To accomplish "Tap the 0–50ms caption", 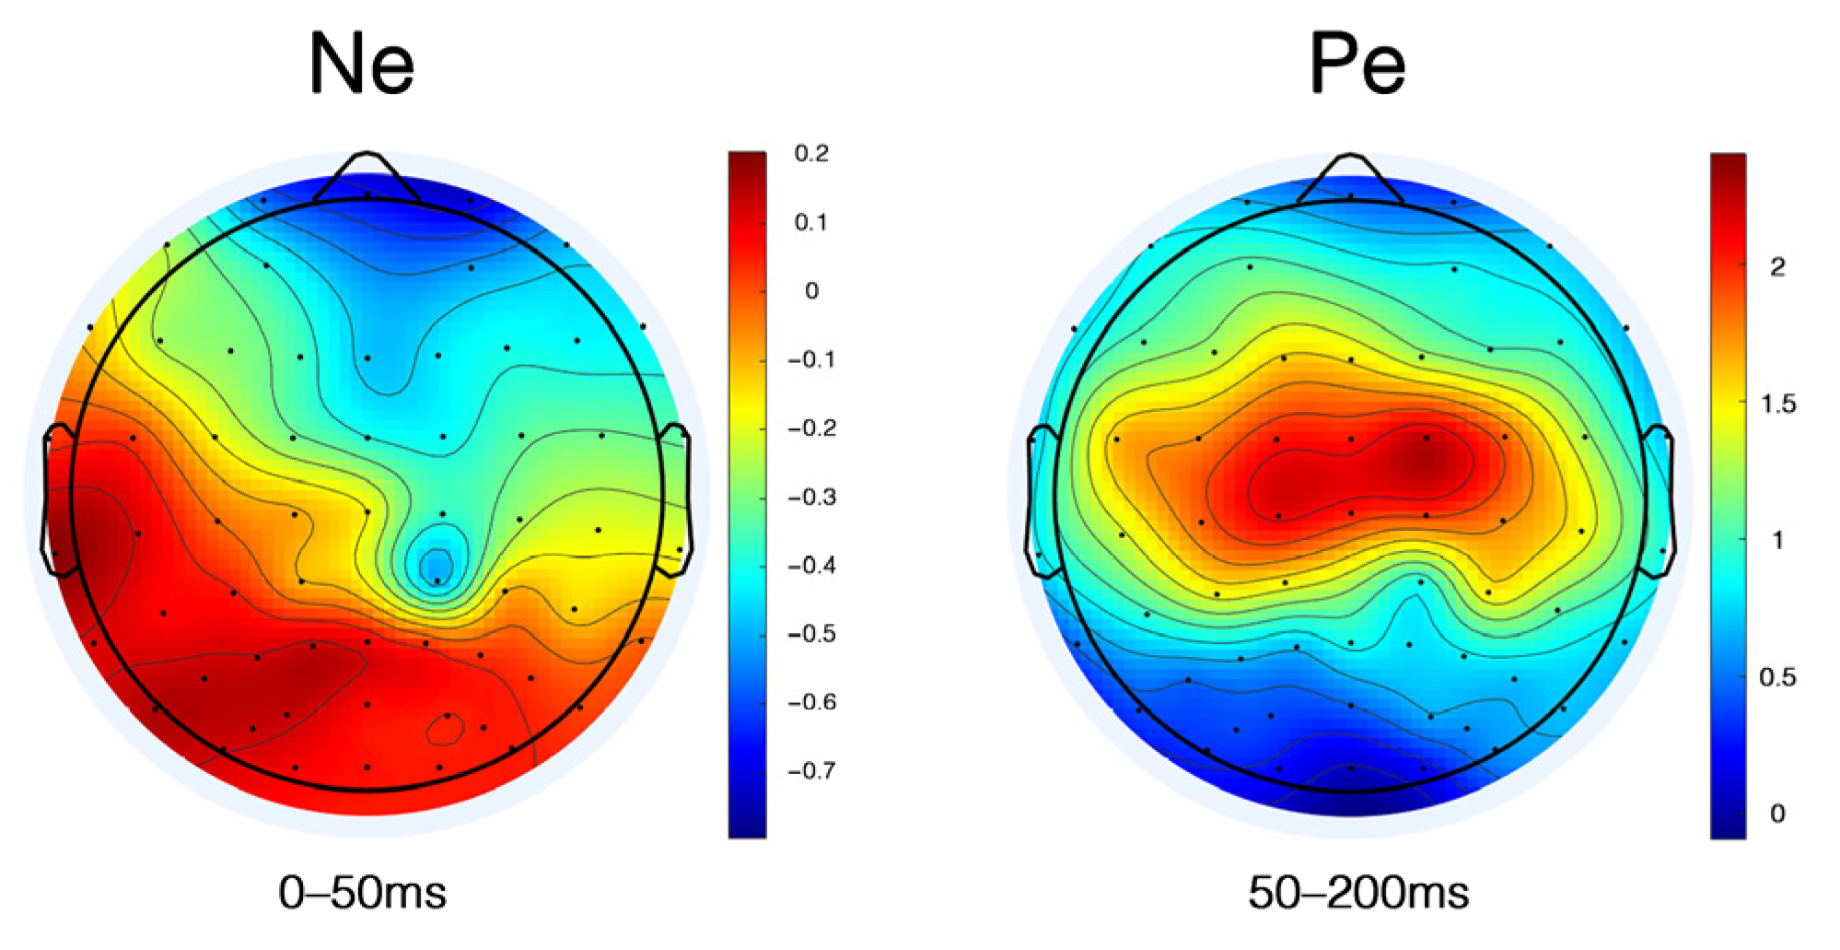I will pyautogui.click(x=362, y=892).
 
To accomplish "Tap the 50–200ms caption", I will pyautogui.click(x=1358, y=892).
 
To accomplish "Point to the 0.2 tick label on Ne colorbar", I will pyautogui.click(x=811, y=153).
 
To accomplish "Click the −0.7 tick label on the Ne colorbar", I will pyautogui.click(x=811, y=770).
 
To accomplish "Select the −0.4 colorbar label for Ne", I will pyautogui.click(x=811, y=565).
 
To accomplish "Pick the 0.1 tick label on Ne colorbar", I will pyautogui.click(x=811, y=222).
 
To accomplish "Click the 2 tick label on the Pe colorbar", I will pyautogui.click(x=1777, y=267).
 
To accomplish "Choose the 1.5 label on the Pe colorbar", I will pyautogui.click(x=1777, y=404).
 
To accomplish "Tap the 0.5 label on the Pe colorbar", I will pyautogui.click(x=1777, y=677).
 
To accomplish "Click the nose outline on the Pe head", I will pyautogui.click(x=1350, y=174).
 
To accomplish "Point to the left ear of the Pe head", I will pyautogui.click(x=1041, y=502).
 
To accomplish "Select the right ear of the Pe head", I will pyautogui.click(x=1659, y=501).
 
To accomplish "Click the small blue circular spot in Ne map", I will pyautogui.click(x=436, y=563).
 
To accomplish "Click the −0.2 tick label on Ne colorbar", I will pyautogui.click(x=811, y=428).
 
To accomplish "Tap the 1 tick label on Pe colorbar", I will pyautogui.click(x=1777, y=540).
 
